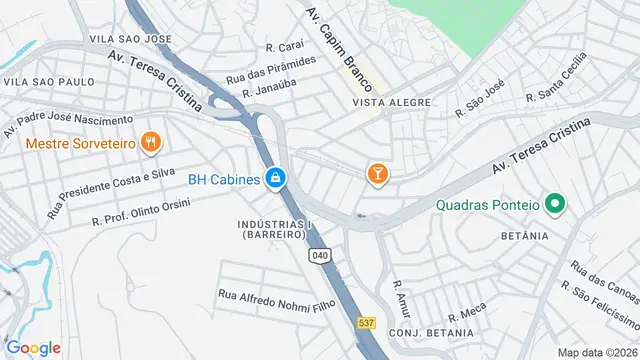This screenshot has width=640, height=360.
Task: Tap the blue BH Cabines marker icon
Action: [276, 180]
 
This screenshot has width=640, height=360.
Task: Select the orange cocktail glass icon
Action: [378, 175]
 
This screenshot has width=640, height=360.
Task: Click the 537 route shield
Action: [367, 322]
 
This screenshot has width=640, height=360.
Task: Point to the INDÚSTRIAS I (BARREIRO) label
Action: [273, 229]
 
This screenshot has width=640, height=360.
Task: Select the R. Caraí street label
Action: [284, 46]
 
